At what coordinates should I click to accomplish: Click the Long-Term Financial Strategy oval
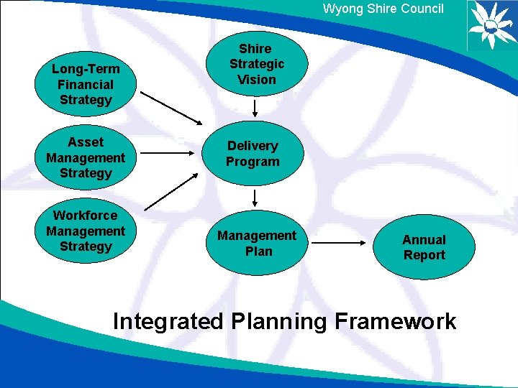(86, 84)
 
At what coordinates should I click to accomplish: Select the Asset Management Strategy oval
(86, 157)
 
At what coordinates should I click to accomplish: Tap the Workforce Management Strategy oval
(86, 231)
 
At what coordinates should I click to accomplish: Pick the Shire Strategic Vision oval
(256, 64)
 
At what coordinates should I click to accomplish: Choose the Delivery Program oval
(253, 154)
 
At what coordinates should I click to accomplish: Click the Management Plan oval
(257, 243)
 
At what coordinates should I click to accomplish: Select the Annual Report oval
(424, 247)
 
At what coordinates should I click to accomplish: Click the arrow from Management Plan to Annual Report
(340, 243)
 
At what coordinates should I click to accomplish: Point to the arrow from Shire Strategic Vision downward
(255, 108)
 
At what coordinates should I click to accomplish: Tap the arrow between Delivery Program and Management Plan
(255, 198)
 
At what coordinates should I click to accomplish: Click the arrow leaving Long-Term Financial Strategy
(172, 106)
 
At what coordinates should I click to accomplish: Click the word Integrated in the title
(168, 321)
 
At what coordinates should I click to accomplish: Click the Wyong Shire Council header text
(383, 9)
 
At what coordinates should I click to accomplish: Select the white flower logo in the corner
(491, 24)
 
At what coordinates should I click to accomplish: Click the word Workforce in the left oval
(86, 215)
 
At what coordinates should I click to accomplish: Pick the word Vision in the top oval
(257, 80)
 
